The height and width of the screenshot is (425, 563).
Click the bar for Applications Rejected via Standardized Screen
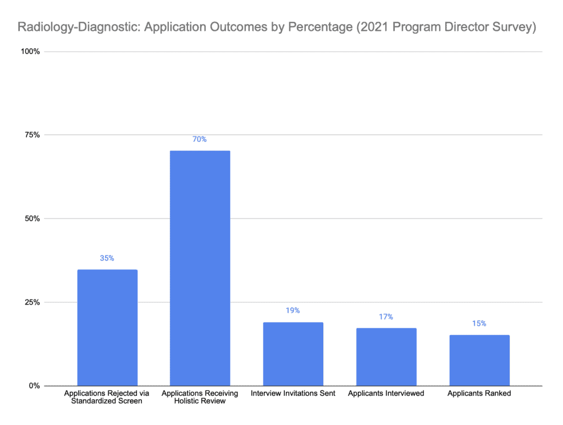click(107, 328)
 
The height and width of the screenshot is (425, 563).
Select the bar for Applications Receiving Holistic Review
click(200, 268)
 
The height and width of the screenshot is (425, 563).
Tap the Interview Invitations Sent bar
click(293, 354)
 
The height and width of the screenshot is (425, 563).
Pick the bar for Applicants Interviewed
click(386, 357)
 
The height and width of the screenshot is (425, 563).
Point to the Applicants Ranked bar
click(479, 360)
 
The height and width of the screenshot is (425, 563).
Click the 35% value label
click(107, 258)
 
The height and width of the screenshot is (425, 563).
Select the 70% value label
click(200, 139)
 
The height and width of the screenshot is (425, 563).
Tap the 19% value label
click(293, 311)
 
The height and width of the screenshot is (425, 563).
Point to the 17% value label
click(386, 317)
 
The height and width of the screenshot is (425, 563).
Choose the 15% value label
click(479, 323)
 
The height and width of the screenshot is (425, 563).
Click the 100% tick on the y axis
click(30, 52)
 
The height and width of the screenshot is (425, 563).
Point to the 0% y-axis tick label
click(34, 386)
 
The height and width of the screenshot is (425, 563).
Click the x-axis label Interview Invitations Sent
click(293, 394)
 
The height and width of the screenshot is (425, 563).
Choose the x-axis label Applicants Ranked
click(479, 394)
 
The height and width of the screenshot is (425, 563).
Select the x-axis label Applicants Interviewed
click(386, 394)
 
